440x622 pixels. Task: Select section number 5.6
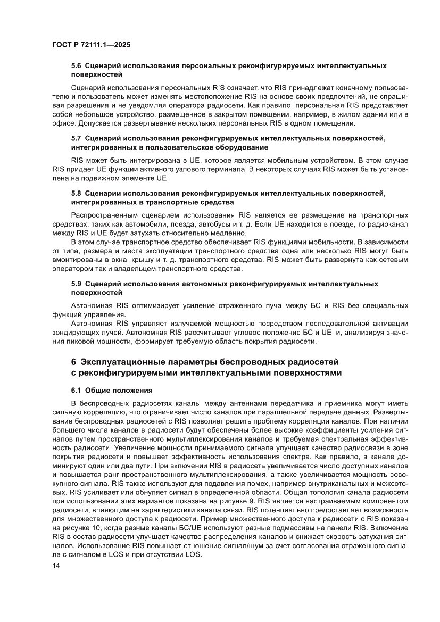(x=77, y=66)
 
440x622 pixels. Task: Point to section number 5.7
(x=77, y=139)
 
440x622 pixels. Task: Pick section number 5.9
(x=77, y=284)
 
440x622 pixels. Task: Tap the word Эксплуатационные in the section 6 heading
(x=122, y=362)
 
